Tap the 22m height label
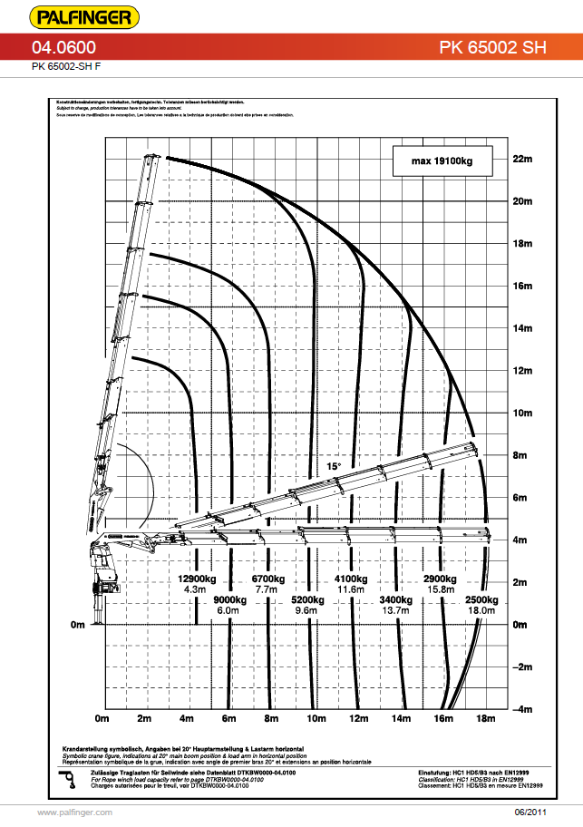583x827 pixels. pos(520,159)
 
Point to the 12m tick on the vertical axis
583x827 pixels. pos(520,371)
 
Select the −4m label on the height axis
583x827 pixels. pos(520,709)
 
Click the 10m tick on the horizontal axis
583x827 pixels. pos(316,719)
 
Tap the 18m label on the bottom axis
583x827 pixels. pos(486,719)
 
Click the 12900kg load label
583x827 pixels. pos(196,579)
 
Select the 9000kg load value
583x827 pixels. pos(231,599)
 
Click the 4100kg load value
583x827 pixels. pos(351,579)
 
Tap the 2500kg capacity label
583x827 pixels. pos(481,599)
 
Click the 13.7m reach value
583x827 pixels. pos(397,611)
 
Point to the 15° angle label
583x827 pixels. pos(334,466)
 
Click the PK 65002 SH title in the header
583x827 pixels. pos(493,48)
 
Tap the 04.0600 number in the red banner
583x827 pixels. pos(64,48)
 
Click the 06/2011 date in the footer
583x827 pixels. pos(531,812)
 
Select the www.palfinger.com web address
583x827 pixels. pos(74,812)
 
